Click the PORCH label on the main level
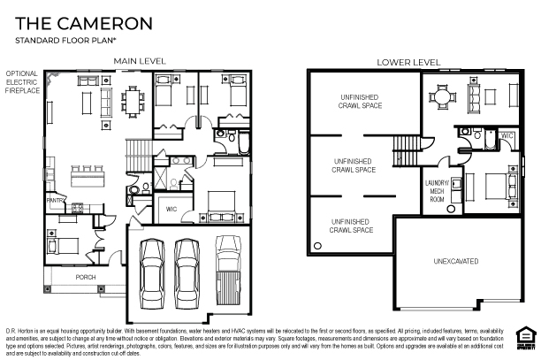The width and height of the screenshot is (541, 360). pos(86,277)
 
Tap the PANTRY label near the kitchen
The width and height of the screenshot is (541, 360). pos(56,201)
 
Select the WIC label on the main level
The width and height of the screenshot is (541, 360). pos(171,210)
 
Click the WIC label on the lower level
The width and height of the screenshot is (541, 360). pos(507,135)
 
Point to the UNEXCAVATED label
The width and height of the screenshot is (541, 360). pos(456,262)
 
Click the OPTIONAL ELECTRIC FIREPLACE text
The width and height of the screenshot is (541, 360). pos(22,82)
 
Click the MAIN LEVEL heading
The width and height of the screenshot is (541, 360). pos(139,61)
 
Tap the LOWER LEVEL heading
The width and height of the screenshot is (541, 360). pos(408,62)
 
